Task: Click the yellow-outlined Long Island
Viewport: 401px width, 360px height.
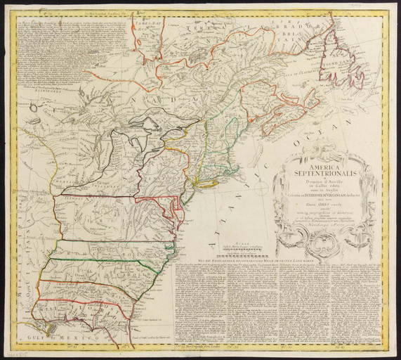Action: coord(211,184)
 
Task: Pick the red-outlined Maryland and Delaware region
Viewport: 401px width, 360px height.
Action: coord(169,207)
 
